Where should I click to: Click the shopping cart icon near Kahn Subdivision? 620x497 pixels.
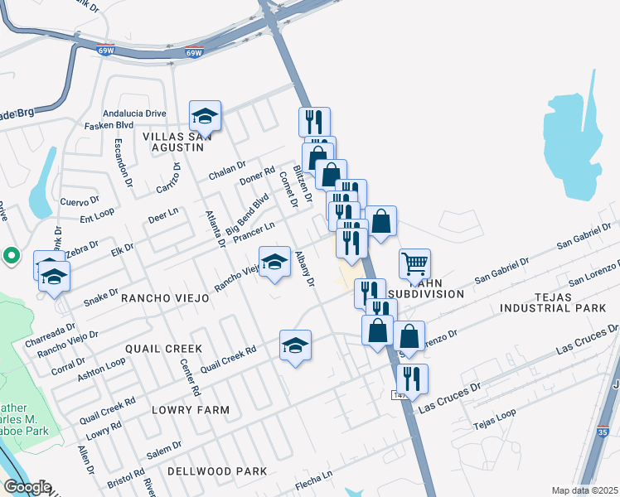click(x=414, y=265)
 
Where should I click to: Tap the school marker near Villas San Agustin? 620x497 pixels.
click(x=205, y=116)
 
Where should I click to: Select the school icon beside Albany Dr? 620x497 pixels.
click(x=275, y=263)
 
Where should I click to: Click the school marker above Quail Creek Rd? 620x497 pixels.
click(x=295, y=346)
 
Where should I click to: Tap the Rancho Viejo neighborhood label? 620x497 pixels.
click(x=165, y=297)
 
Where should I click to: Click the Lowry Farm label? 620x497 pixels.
click(x=191, y=410)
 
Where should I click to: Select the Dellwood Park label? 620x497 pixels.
click(x=217, y=471)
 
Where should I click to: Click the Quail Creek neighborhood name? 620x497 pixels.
click(x=164, y=349)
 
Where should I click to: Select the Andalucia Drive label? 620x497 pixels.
click(x=135, y=113)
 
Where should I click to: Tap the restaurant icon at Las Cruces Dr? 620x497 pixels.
click(x=412, y=379)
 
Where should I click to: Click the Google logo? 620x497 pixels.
click(x=27, y=487)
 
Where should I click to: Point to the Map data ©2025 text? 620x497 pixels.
click(x=584, y=490)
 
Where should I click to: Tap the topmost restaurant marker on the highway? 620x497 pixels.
click(x=314, y=123)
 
